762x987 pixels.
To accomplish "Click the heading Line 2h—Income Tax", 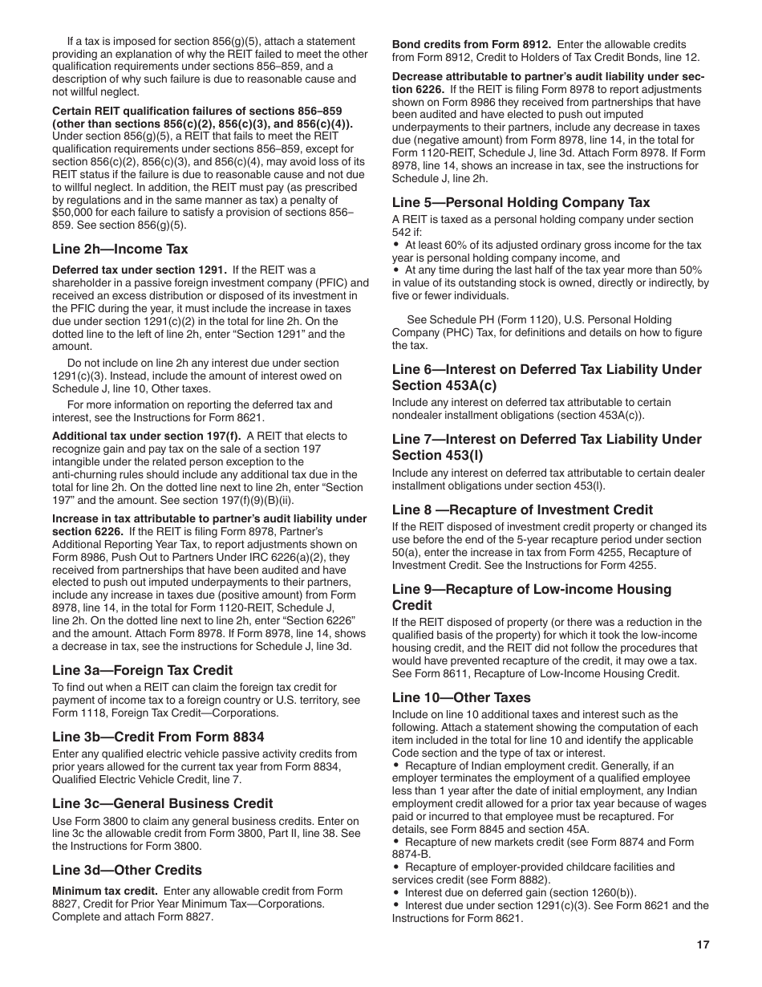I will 120,250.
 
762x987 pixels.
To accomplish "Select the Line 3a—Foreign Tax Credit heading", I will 143,670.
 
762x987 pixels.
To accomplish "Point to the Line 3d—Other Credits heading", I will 127,870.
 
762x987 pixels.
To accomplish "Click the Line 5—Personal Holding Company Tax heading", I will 521,202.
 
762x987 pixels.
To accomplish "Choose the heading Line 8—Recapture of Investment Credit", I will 522,510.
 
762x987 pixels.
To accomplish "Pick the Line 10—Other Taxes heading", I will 461,697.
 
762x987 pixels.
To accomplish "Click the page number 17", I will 703,944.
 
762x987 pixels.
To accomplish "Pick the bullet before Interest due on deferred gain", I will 396,892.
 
